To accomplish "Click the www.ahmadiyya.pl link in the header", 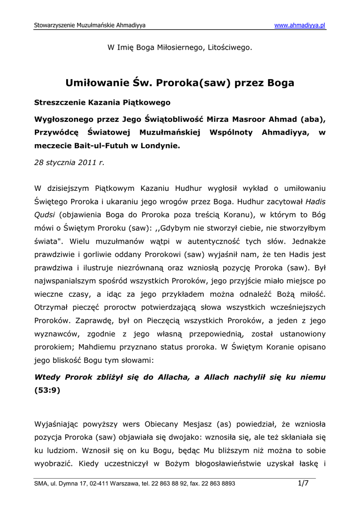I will (x=300, y=25).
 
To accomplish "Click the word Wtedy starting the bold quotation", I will (x=47, y=377).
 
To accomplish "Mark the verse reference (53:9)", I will (x=47, y=390).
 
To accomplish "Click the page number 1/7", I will (x=303, y=483).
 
